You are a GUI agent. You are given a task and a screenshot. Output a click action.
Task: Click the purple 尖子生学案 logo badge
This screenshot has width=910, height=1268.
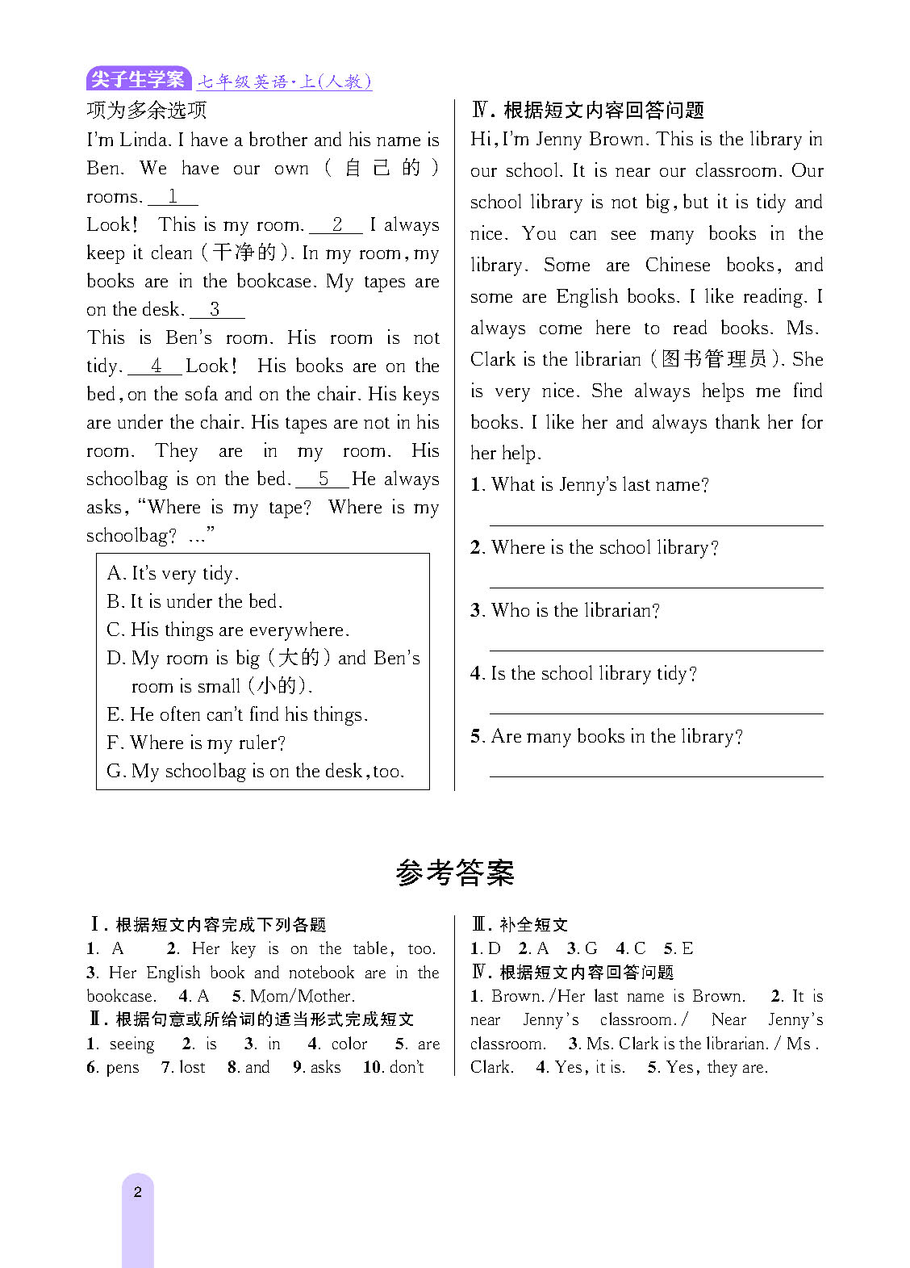tap(138, 79)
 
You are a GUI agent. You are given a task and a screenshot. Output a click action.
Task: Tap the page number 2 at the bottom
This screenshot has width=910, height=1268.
tap(138, 1192)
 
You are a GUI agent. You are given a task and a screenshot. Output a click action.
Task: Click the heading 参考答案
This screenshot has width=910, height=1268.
tap(455, 873)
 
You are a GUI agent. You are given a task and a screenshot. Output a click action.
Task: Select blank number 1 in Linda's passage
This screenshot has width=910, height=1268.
tap(173, 197)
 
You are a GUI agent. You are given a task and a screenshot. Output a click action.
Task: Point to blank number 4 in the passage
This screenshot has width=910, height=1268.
tap(156, 366)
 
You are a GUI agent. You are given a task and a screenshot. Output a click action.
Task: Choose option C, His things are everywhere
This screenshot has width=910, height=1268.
tap(228, 630)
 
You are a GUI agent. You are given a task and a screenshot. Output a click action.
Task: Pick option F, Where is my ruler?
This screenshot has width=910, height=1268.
tap(196, 743)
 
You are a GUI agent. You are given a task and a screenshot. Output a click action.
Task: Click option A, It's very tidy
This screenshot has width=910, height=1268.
tap(173, 573)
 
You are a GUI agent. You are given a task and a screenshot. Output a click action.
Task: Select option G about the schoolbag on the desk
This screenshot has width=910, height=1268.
tap(255, 771)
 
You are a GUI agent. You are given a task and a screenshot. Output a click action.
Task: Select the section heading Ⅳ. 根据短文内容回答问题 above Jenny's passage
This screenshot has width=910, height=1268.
tap(587, 110)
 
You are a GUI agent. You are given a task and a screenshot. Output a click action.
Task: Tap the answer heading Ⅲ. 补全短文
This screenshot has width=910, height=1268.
tap(520, 925)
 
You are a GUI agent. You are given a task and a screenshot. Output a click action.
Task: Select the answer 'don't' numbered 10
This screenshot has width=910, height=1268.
tap(406, 1067)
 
